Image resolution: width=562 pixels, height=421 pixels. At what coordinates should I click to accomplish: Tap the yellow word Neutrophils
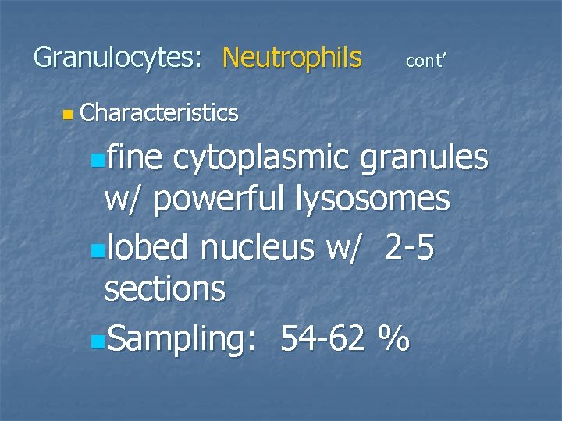[x=292, y=58]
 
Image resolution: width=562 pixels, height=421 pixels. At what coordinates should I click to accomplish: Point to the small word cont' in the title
[x=425, y=61]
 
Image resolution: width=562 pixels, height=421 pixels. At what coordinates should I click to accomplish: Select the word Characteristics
[x=158, y=113]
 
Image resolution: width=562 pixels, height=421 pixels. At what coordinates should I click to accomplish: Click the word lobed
[x=148, y=248]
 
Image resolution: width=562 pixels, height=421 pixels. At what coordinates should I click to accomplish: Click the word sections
[x=165, y=290]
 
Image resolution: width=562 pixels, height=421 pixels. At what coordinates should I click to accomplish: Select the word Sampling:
[x=181, y=338]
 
